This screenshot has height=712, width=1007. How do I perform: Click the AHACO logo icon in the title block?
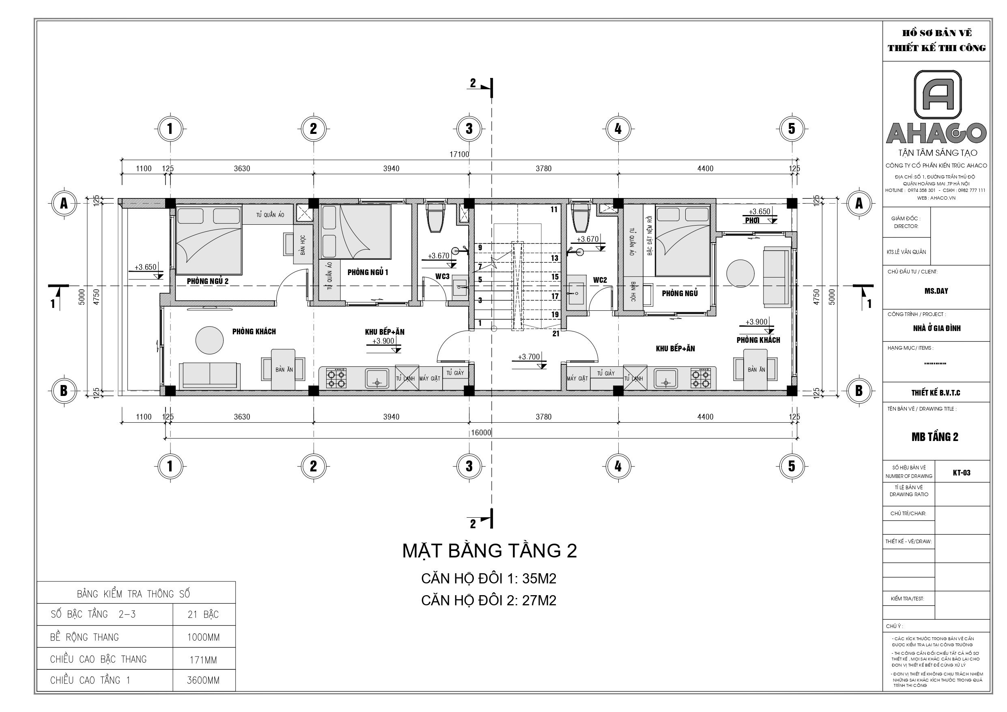coord(938,95)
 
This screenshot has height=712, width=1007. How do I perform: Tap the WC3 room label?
coord(442,276)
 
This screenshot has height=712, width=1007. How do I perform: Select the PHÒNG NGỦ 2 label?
coord(207,281)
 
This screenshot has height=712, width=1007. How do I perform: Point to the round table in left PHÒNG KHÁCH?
coord(209,340)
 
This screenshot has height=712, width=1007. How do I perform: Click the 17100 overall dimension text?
coord(459,155)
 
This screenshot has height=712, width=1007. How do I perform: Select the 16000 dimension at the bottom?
coord(481,432)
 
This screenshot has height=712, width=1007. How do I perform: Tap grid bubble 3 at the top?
coord(469,129)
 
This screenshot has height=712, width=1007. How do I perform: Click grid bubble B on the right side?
coord(859,390)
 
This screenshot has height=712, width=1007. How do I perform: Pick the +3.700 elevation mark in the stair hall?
coord(529,357)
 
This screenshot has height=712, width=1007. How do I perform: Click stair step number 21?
coord(556,334)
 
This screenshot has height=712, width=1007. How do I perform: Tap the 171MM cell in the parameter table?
coord(204,660)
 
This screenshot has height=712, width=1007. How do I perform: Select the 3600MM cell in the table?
coord(204,680)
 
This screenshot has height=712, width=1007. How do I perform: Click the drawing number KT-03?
coord(962,473)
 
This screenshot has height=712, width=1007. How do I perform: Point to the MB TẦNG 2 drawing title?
coord(935,437)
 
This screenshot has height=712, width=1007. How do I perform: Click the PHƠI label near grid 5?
coord(752,221)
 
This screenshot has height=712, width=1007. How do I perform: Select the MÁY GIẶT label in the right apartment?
coord(577,379)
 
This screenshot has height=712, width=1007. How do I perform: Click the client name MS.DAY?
coord(936,291)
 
